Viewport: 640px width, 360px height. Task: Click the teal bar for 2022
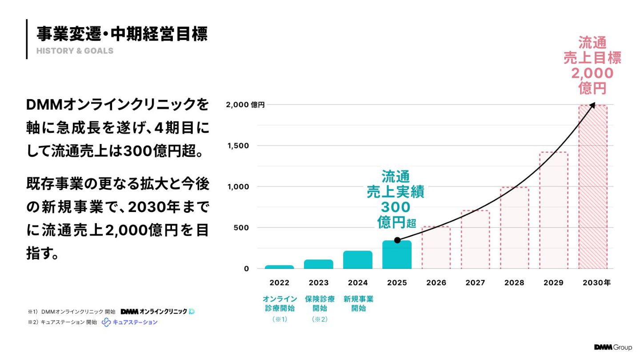point(279,267)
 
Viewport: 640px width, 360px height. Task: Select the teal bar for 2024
point(358,260)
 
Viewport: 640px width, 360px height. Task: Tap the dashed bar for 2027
point(475,240)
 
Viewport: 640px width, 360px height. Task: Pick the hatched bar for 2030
point(592,187)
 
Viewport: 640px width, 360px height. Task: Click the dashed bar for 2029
point(553,211)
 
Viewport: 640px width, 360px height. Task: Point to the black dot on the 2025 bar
point(397,240)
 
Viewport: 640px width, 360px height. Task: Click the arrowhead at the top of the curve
point(592,105)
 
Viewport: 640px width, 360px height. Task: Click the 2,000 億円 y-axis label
point(245,105)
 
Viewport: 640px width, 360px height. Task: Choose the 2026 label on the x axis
point(436,283)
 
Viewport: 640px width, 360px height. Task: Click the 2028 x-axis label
point(514,283)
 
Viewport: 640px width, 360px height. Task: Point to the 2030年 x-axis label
point(596,283)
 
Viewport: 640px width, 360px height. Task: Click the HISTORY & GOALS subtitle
point(75,51)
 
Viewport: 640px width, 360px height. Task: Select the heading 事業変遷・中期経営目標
point(122,34)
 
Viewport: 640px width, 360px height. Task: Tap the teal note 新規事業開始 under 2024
point(358,304)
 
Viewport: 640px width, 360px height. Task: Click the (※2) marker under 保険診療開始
point(320,319)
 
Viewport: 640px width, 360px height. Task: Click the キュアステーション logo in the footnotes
point(130,322)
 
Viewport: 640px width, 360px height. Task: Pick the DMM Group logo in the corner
point(613,347)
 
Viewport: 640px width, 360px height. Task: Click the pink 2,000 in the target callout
point(592,73)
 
